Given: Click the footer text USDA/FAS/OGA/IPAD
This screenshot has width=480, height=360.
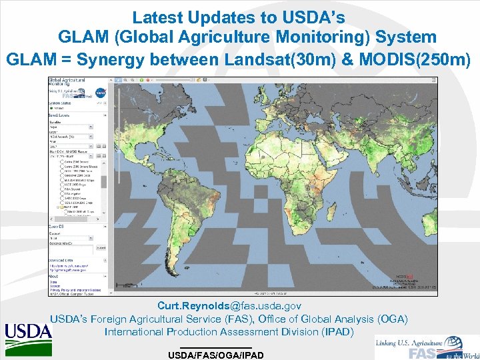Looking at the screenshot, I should (215, 355).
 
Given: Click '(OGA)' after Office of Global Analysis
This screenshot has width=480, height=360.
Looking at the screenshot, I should (391, 319).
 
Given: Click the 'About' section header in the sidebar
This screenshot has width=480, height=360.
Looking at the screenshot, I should (54, 276).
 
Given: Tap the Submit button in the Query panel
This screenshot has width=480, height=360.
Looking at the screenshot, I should (101, 247).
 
